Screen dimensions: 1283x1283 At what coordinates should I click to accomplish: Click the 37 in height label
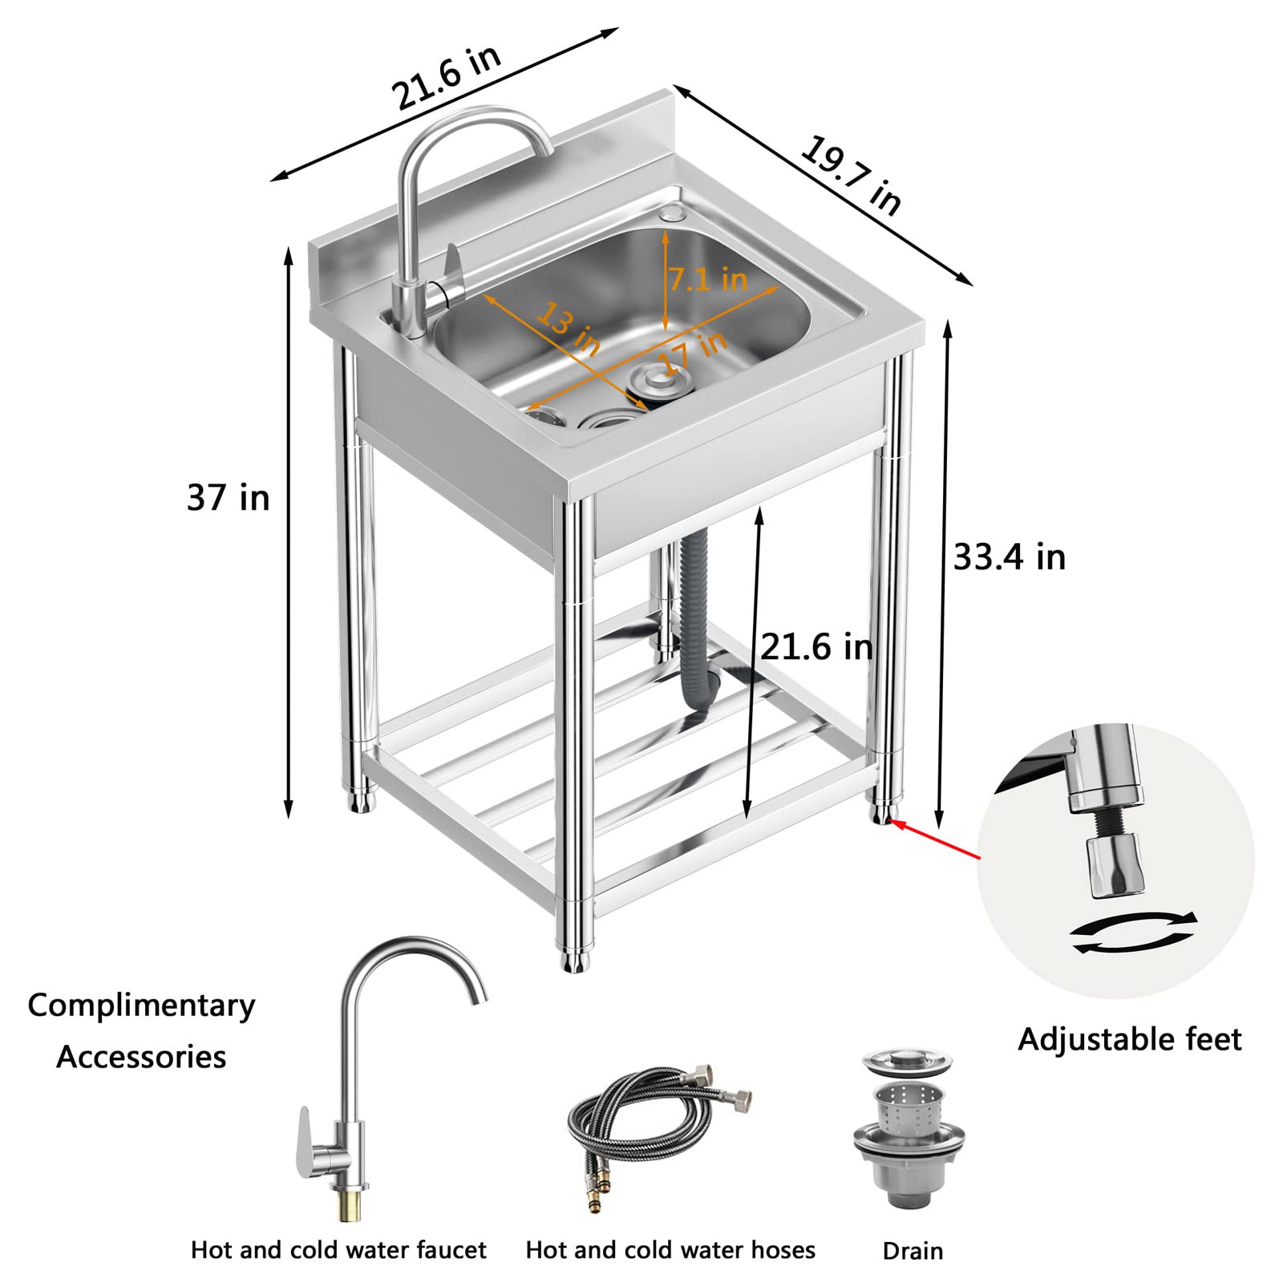[228, 498]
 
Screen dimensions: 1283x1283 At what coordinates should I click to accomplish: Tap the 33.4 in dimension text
[1009, 557]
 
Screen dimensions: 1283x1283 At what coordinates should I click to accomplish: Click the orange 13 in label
[569, 328]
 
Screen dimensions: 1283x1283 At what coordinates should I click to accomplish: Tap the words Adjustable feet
[1129, 1039]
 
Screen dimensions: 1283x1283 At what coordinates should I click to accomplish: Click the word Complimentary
[141, 1005]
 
